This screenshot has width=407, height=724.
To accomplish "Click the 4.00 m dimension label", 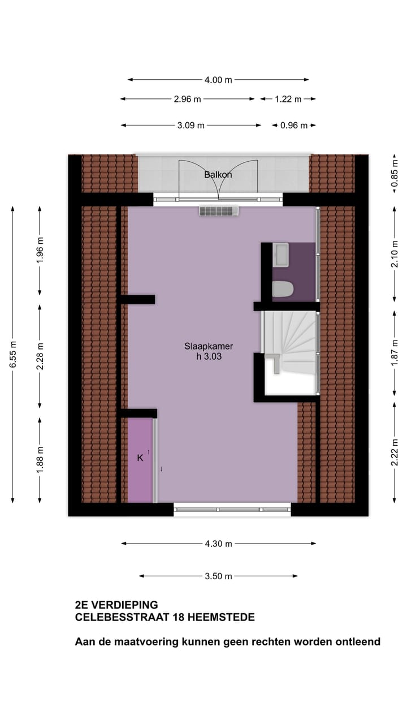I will point(218,80).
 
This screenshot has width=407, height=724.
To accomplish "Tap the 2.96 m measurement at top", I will point(187,99).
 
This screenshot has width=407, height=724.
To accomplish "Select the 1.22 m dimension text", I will point(288,99).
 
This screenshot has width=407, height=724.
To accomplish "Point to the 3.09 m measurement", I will point(190,126).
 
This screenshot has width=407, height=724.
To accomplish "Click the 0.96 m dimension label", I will point(293,126).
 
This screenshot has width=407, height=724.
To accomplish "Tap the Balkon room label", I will point(218,175).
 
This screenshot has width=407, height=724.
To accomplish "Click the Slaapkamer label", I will point(208,346).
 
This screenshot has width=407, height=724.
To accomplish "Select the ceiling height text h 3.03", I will point(208,356).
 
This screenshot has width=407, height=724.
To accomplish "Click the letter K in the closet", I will point(140,458).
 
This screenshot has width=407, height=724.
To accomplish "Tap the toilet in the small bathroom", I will point(283,289).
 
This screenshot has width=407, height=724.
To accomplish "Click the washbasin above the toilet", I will point(280,255).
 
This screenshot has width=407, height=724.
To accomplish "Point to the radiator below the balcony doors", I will point(219,211).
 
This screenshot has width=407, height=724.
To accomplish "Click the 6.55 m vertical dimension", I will point(12,354).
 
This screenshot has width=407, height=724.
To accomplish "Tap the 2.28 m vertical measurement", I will point(40,356).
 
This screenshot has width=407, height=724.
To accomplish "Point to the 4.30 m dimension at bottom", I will point(218,544).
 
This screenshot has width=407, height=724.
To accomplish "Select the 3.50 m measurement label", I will point(218,576).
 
